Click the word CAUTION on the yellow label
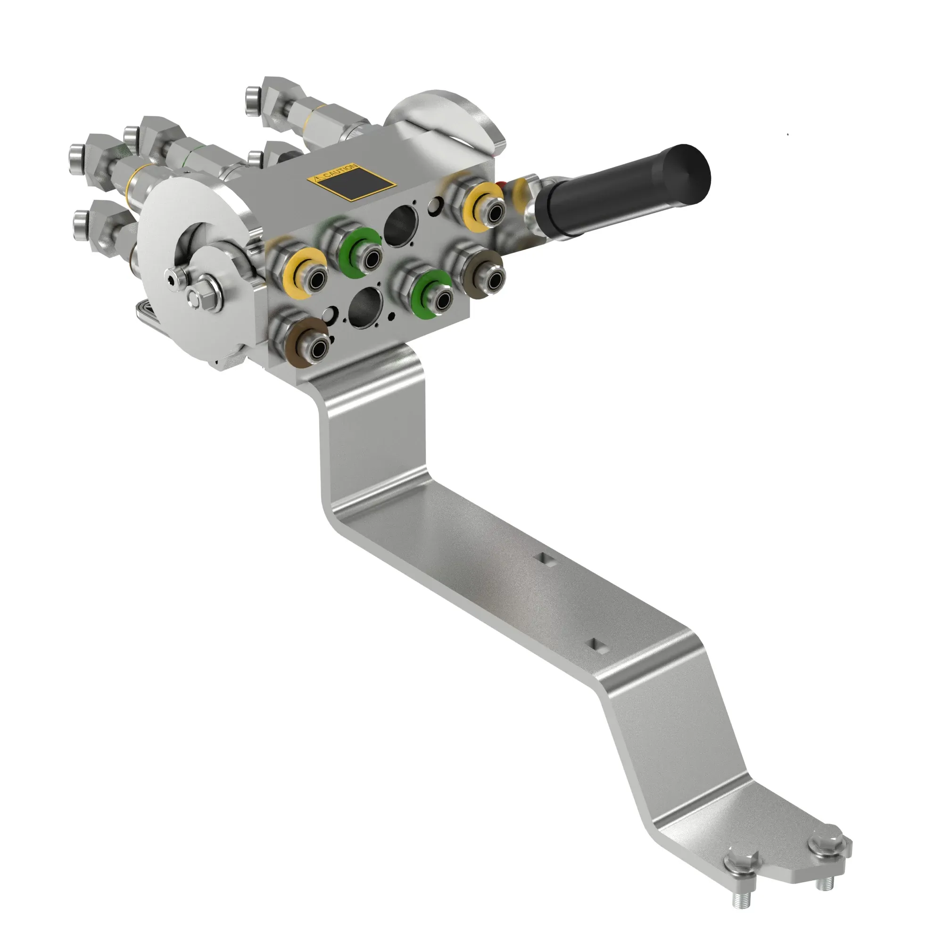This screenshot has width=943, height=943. click(337, 172)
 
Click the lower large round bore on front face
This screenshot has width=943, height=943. click(366, 306)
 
